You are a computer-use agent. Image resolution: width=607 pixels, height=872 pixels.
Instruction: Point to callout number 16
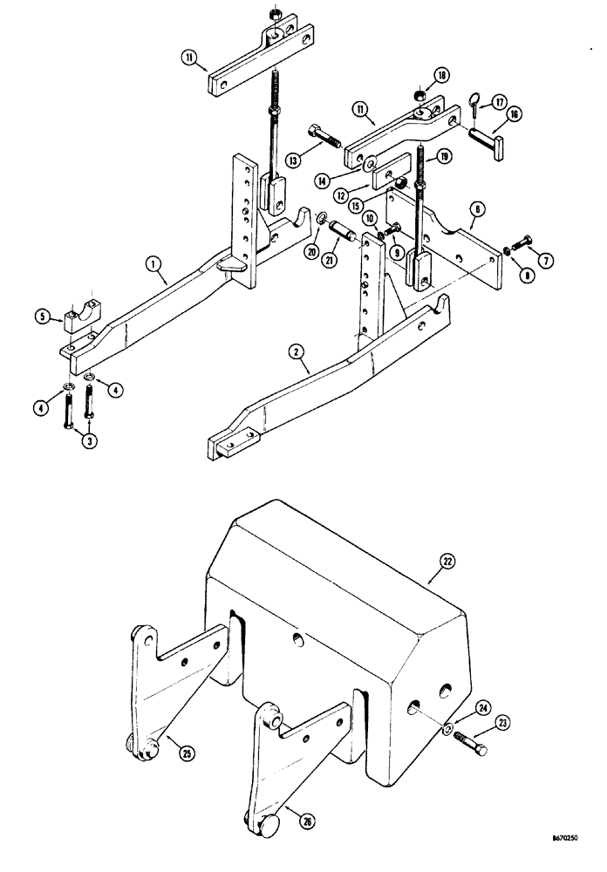[x=514, y=113]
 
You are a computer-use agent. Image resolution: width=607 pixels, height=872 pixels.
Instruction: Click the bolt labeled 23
[x=469, y=746]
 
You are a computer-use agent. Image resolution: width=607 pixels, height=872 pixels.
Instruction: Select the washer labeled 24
[x=446, y=731]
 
